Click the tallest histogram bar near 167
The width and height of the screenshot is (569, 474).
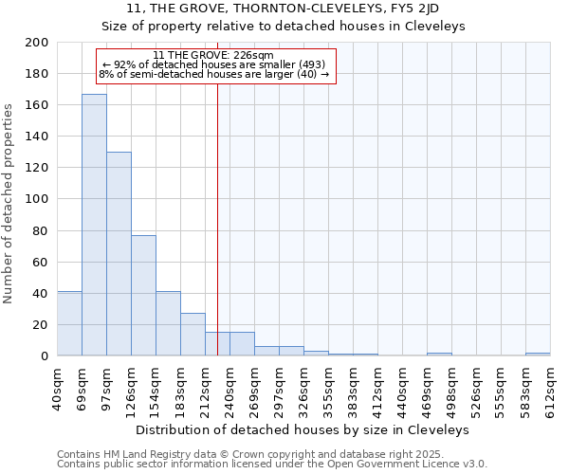pyautogui.click(x=94, y=225)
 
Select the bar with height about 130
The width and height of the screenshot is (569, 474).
pyautogui.click(x=119, y=254)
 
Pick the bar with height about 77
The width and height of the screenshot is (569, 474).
pyautogui.click(x=143, y=295)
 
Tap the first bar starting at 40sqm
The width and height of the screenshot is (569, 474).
pyautogui.click(x=69, y=323)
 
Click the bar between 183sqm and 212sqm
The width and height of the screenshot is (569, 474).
pyautogui.click(x=193, y=335)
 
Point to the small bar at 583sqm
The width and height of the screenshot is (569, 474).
pyautogui.click(x=538, y=354)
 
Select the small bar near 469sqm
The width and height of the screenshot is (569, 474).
pyautogui.click(x=439, y=354)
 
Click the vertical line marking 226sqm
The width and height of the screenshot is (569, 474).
pyautogui.click(x=217, y=209)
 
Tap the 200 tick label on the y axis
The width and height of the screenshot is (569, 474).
pyautogui.click(x=37, y=43)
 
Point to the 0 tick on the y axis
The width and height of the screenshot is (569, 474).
pyautogui.click(x=44, y=355)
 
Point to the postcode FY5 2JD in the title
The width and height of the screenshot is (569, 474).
pyautogui.click(x=413, y=9)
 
